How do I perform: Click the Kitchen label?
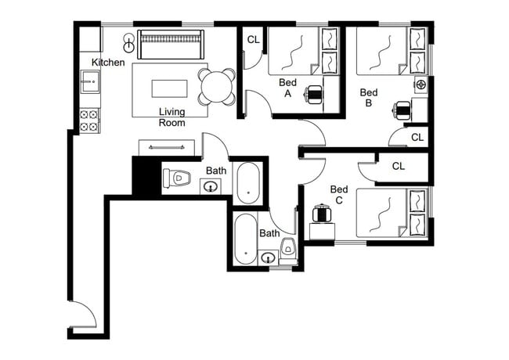pos(108,62)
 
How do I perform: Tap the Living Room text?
pos(171,117)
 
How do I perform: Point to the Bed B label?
pos(369,98)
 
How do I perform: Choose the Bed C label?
pos(339,195)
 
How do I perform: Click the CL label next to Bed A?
pos(254,40)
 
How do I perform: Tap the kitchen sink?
pos(89,79)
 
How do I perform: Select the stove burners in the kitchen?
pos(89,120)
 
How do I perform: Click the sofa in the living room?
pos(171,44)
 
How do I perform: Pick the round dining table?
pos(217,86)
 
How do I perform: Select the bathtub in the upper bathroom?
pos(250,182)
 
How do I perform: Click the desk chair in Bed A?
pos(314,94)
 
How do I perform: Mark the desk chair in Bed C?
pos(319,214)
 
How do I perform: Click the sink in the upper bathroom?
pos(210,186)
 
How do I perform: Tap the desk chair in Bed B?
pos(403,110)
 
